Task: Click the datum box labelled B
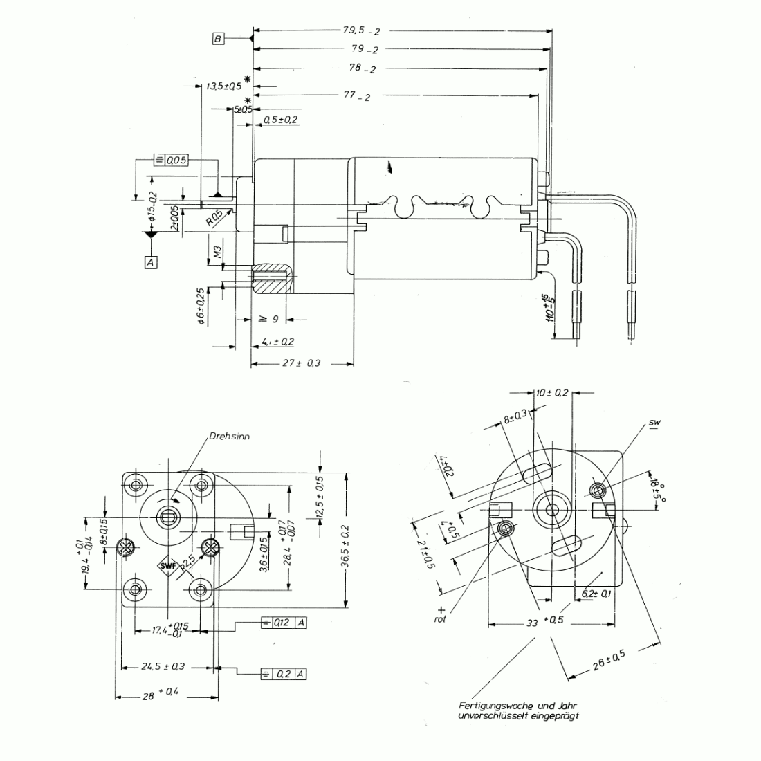(x=219, y=39)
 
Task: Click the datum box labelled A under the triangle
(x=150, y=262)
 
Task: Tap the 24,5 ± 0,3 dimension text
(x=163, y=667)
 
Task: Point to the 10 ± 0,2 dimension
(x=553, y=392)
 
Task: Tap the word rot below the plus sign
(x=441, y=619)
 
